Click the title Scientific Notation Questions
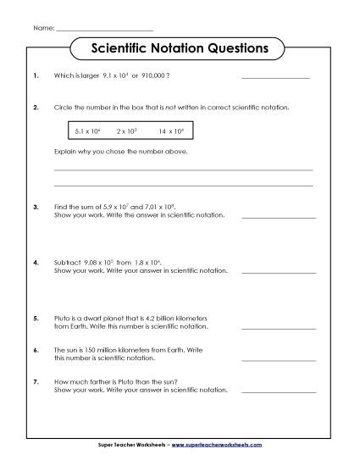tap(179, 48)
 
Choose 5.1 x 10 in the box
tap(88, 131)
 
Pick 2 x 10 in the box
tap(127, 131)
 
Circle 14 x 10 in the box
tap(170, 131)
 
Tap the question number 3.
tap(36, 206)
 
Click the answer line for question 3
tap(279, 217)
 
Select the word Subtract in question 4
tap(67, 263)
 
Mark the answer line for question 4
tap(279, 272)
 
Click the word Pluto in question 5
tap(62, 318)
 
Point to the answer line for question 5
tap(279, 328)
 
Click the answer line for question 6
tap(279, 359)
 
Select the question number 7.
tap(36, 381)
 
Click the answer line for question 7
tap(279, 391)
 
